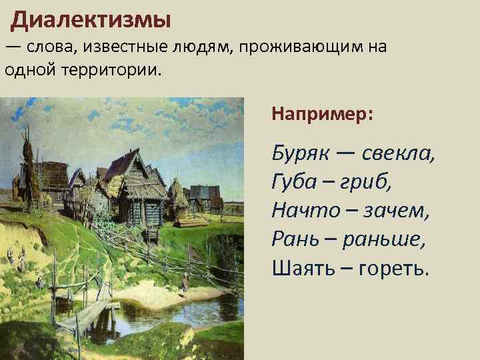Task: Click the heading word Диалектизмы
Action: tap(91, 19)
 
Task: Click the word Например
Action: tap(322, 114)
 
